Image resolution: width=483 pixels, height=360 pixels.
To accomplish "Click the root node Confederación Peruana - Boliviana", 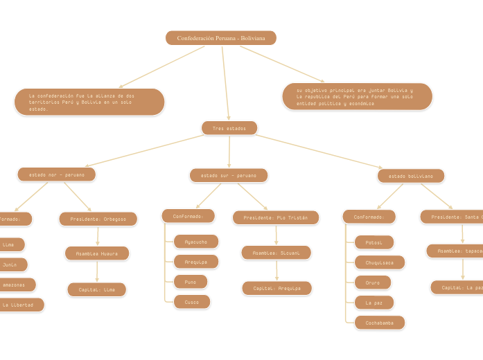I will point(221,38).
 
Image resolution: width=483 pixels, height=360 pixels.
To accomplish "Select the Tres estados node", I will point(229,128).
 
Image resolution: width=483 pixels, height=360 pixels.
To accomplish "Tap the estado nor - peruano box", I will point(57,175).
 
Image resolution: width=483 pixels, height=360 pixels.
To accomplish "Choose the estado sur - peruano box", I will point(229,176).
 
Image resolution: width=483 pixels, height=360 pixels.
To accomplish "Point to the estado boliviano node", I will point(411,177).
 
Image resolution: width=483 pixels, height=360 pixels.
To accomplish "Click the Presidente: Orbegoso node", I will point(98,219).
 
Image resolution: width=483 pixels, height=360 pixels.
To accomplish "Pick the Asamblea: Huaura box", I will point(97,254).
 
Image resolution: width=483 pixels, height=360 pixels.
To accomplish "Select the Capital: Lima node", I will point(97,290).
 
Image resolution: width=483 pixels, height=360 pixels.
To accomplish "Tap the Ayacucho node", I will point(196,242).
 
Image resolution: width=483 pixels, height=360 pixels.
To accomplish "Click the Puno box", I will point(191,282).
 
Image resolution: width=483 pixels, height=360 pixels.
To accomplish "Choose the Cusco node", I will point(192,302).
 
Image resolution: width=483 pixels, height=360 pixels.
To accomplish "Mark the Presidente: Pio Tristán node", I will point(276,218).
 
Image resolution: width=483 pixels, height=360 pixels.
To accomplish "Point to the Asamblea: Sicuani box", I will point(276,253).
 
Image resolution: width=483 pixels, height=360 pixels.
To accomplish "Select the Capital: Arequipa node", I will point(276,289).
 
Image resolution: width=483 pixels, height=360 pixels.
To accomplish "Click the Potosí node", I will point(374,242).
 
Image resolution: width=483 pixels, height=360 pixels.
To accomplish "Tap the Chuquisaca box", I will point(380,262).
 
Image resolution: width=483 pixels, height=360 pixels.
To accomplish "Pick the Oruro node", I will point(373,282).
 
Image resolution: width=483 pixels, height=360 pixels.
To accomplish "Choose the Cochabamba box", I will point(380,323).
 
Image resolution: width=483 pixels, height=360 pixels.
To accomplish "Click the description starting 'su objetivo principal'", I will point(357,97).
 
